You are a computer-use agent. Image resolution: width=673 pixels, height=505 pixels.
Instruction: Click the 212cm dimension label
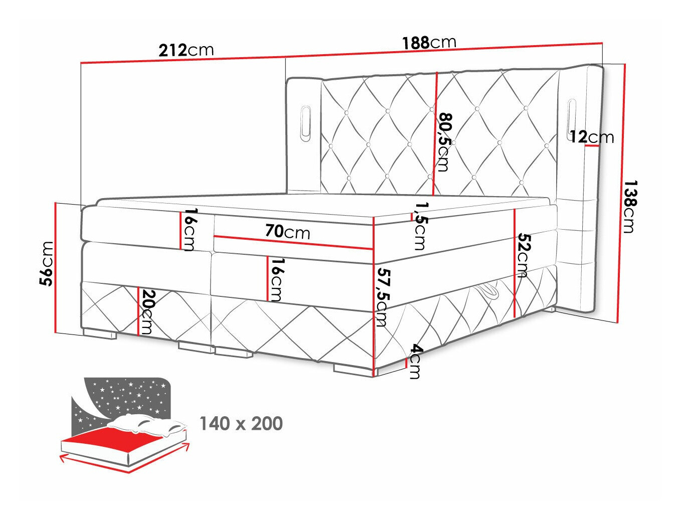[x=186, y=50]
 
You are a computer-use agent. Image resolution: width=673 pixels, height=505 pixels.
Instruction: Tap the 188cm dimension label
[x=429, y=43]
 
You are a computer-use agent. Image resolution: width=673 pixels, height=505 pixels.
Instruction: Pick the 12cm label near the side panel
[x=591, y=136]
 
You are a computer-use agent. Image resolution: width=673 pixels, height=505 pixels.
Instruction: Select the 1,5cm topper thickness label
[x=420, y=226]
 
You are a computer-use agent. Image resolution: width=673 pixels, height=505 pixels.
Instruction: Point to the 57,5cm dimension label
[x=382, y=297]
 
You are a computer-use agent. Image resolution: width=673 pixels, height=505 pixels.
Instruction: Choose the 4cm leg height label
[x=415, y=361]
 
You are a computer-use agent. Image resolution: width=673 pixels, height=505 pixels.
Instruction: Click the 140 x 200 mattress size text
[x=241, y=424]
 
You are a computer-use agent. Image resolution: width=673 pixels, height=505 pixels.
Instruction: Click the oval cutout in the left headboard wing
[x=305, y=120]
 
